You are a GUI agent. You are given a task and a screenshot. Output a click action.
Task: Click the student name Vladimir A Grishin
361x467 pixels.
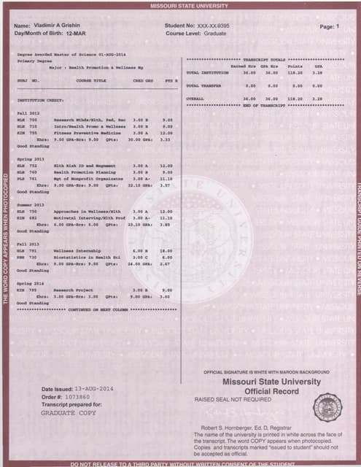point(60,27)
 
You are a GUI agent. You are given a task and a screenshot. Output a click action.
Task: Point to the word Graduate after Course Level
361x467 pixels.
point(217,34)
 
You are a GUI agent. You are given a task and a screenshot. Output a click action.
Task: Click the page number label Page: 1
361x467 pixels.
point(329,27)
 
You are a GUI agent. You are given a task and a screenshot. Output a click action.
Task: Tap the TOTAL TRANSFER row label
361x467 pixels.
point(202,85)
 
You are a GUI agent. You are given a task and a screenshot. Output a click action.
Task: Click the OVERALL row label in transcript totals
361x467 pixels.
point(195,98)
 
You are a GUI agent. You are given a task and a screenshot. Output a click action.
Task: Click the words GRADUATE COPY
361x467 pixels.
point(69,413)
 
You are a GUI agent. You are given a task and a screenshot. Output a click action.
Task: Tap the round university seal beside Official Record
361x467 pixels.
point(327,407)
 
